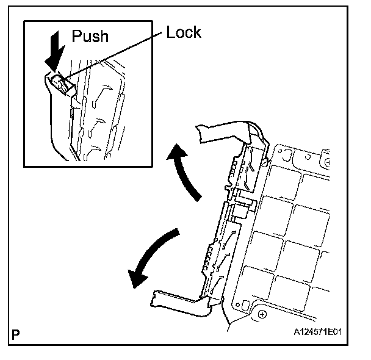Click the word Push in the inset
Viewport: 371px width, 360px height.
pos(90,36)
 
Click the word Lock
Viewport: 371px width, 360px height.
pos(183,32)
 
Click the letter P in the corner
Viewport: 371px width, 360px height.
pos(16,335)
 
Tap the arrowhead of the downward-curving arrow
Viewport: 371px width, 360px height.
pos(139,278)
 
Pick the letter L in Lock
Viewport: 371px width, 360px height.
pos(171,32)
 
